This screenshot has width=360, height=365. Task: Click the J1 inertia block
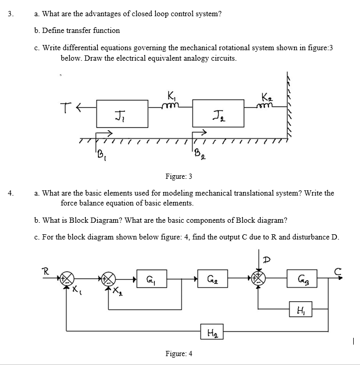point(121,113)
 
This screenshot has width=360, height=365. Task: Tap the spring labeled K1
point(171,104)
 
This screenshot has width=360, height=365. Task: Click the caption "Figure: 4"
point(179,353)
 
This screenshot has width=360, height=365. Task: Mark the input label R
point(46,270)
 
